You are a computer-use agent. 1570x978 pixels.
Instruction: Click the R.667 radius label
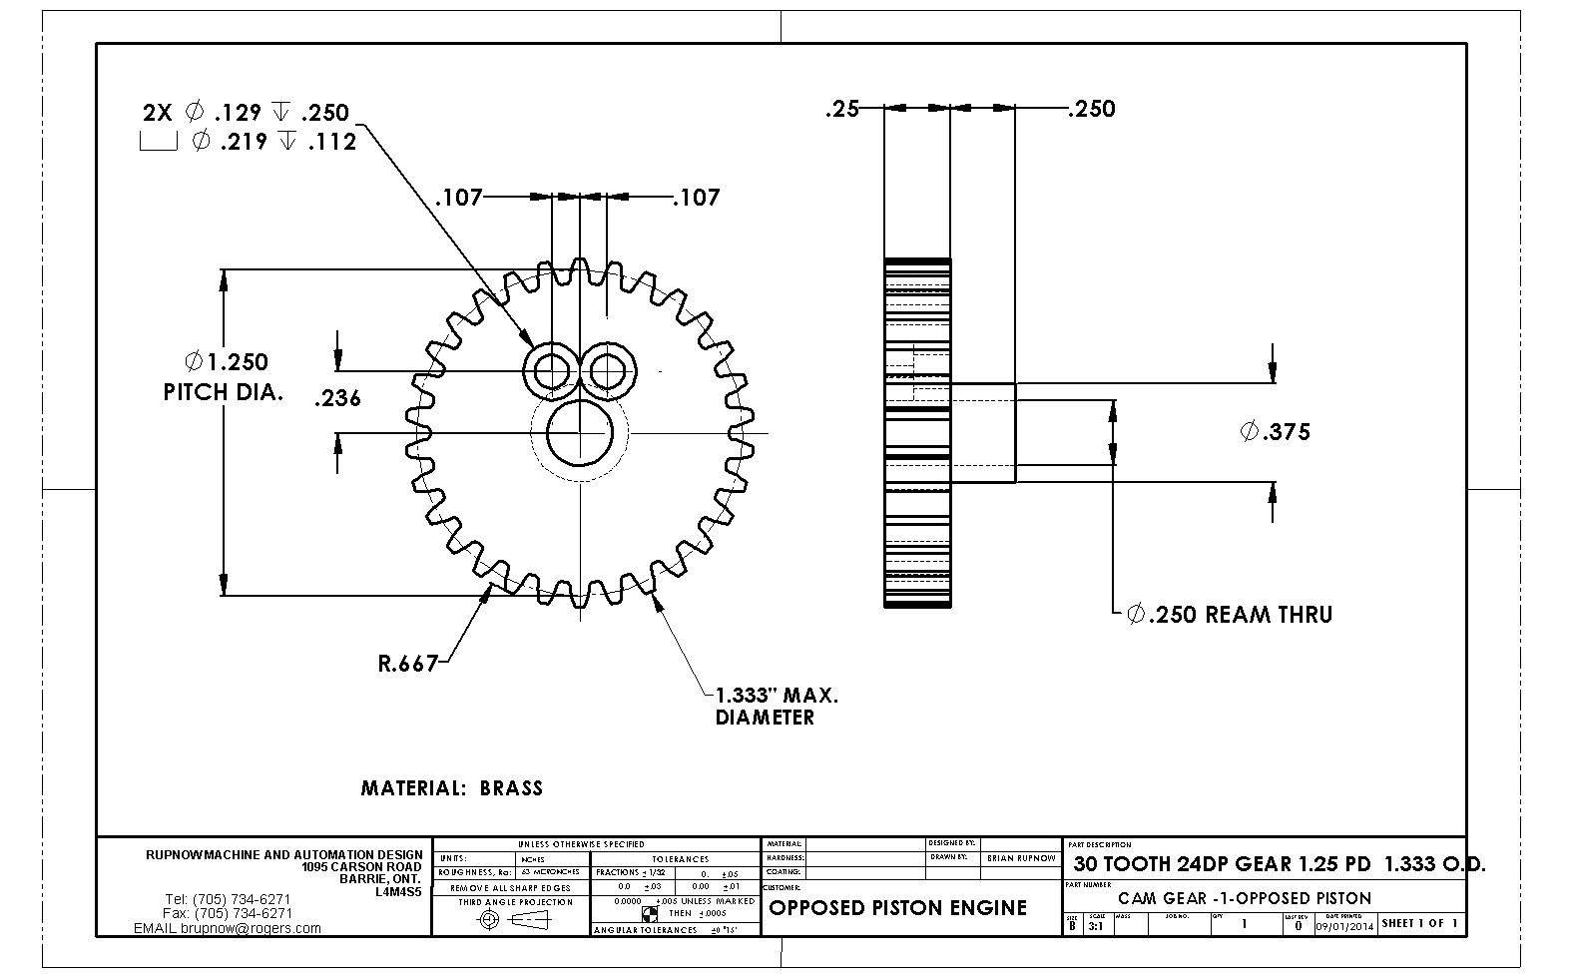(x=408, y=664)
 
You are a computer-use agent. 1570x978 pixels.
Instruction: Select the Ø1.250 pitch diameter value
(x=227, y=362)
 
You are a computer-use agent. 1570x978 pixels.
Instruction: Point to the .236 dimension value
(x=337, y=399)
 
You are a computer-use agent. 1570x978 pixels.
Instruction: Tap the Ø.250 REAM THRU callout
(x=1230, y=615)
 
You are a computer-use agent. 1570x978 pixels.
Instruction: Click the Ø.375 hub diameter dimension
(x=1275, y=432)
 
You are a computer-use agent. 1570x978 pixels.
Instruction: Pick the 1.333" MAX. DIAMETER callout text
(x=776, y=706)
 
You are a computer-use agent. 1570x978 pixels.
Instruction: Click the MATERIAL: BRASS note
(x=451, y=788)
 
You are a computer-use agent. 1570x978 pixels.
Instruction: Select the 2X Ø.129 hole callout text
(x=246, y=113)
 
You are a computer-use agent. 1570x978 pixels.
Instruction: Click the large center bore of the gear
(x=580, y=432)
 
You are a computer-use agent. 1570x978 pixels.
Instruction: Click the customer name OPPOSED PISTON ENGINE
(x=897, y=908)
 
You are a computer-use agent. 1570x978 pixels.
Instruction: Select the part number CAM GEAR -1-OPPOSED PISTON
(x=1245, y=898)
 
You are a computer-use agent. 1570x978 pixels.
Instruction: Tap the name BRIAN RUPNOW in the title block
(x=1021, y=858)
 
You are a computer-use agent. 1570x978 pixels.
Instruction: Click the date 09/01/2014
(x=1344, y=926)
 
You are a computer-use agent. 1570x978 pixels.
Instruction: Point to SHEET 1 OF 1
(x=1420, y=923)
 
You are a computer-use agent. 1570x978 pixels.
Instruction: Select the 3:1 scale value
(x=1095, y=925)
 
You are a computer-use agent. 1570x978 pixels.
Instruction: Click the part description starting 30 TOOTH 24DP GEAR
(x=1278, y=864)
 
